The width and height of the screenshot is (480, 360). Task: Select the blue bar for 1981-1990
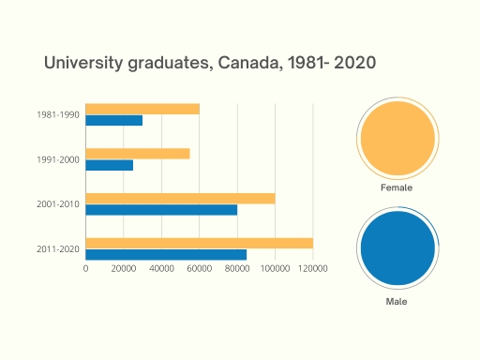tap(113, 120)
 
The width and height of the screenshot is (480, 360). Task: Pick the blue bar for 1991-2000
tap(109, 165)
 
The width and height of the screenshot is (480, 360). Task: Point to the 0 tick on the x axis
tap(85, 269)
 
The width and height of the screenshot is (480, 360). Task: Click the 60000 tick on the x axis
tap(200, 269)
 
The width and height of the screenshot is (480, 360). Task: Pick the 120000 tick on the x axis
tap(312, 269)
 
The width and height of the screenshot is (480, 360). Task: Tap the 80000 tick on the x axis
tap(237, 269)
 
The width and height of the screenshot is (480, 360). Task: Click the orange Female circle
tap(397, 139)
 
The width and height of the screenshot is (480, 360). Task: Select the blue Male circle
tap(397, 249)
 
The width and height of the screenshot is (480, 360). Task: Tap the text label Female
tap(397, 187)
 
